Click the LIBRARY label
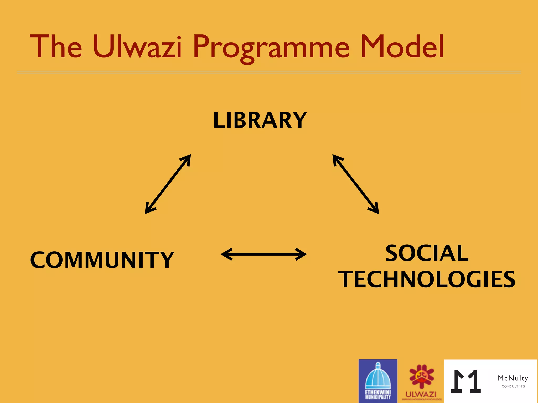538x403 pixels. [x=260, y=120]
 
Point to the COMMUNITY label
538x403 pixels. [x=102, y=260]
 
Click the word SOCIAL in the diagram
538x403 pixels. [x=427, y=253]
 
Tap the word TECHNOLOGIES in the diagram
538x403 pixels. [x=427, y=279]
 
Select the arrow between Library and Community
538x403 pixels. [x=168, y=184]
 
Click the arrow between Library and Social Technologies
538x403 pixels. [x=356, y=184]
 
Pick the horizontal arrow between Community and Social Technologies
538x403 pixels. [x=264, y=254]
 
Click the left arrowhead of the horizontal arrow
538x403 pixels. [x=226, y=254]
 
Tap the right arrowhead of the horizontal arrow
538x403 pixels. [x=302, y=254]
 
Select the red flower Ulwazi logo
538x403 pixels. [x=421, y=377]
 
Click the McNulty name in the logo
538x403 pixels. [x=513, y=378]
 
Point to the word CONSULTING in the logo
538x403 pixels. [x=513, y=386]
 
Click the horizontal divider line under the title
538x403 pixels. [x=269, y=72]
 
